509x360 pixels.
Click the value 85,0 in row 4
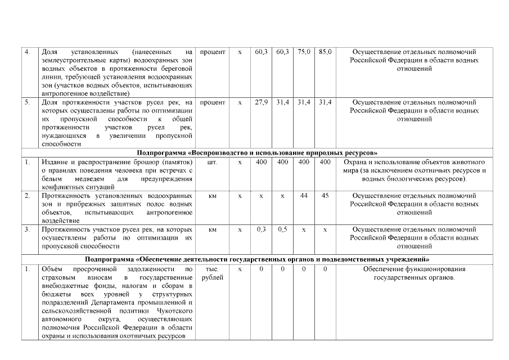coord(325,52)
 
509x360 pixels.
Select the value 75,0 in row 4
coord(304,52)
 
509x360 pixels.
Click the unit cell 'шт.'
coord(213,162)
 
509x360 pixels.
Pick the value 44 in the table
coord(304,196)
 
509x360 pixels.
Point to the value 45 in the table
coord(325,196)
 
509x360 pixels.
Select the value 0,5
coord(282,229)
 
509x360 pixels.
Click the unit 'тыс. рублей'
coord(213,273)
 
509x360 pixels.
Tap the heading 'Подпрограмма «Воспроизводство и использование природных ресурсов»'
coord(257,153)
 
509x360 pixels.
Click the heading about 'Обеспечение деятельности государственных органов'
coord(257,260)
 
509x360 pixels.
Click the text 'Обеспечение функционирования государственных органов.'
coord(414,273)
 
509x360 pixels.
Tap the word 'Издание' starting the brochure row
coord(55,162)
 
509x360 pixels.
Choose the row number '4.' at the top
coord(27,52)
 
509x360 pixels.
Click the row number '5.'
coord(27,102)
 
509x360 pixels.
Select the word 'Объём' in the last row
coord(52,269)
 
